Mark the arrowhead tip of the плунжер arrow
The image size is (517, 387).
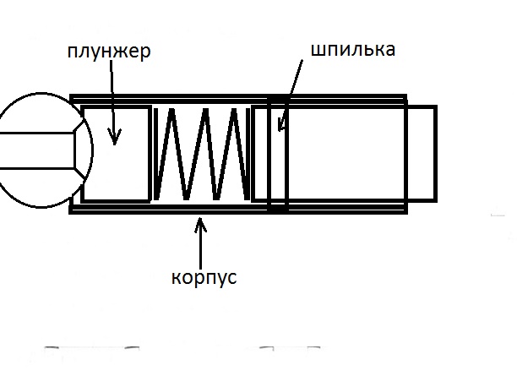point(114,139)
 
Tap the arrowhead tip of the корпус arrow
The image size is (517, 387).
point(200,219)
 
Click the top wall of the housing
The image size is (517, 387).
point(237,97)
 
